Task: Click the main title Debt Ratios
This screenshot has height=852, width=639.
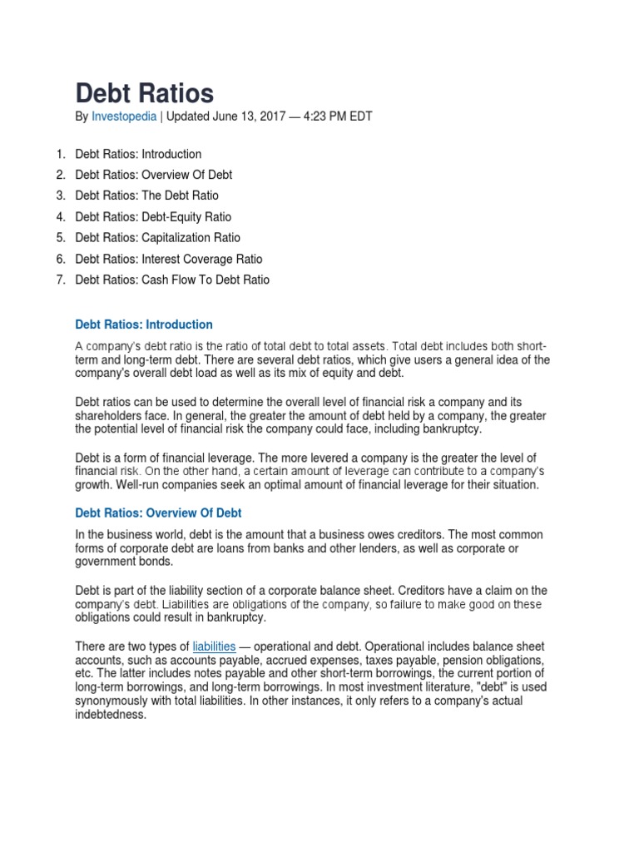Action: click(145, 93)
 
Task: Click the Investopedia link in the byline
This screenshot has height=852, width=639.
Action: click(123, 117)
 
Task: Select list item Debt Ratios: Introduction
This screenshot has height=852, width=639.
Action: click(138, 154)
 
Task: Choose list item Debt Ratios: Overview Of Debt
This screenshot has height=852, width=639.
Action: click(153, 175)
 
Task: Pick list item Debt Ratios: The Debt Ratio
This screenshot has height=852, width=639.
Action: click(146, 196)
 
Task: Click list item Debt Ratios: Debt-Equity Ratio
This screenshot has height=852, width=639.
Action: click(153, 217)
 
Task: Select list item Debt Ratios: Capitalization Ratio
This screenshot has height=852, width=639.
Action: click(157, 238)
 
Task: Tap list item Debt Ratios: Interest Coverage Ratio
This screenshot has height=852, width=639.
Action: click(169, 259)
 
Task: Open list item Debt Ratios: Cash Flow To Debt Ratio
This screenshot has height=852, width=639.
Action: click(172, 280)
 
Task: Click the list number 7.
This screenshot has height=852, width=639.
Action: click(60, 280)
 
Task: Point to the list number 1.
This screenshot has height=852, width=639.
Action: click(60, 154)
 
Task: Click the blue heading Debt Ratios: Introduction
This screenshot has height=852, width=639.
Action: click(144, 324)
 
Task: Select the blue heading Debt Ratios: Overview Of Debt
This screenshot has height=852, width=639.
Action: click(158, 513)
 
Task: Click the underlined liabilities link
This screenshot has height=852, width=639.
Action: click(214, 646)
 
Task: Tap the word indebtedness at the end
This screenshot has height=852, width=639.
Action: click(110, 714)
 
